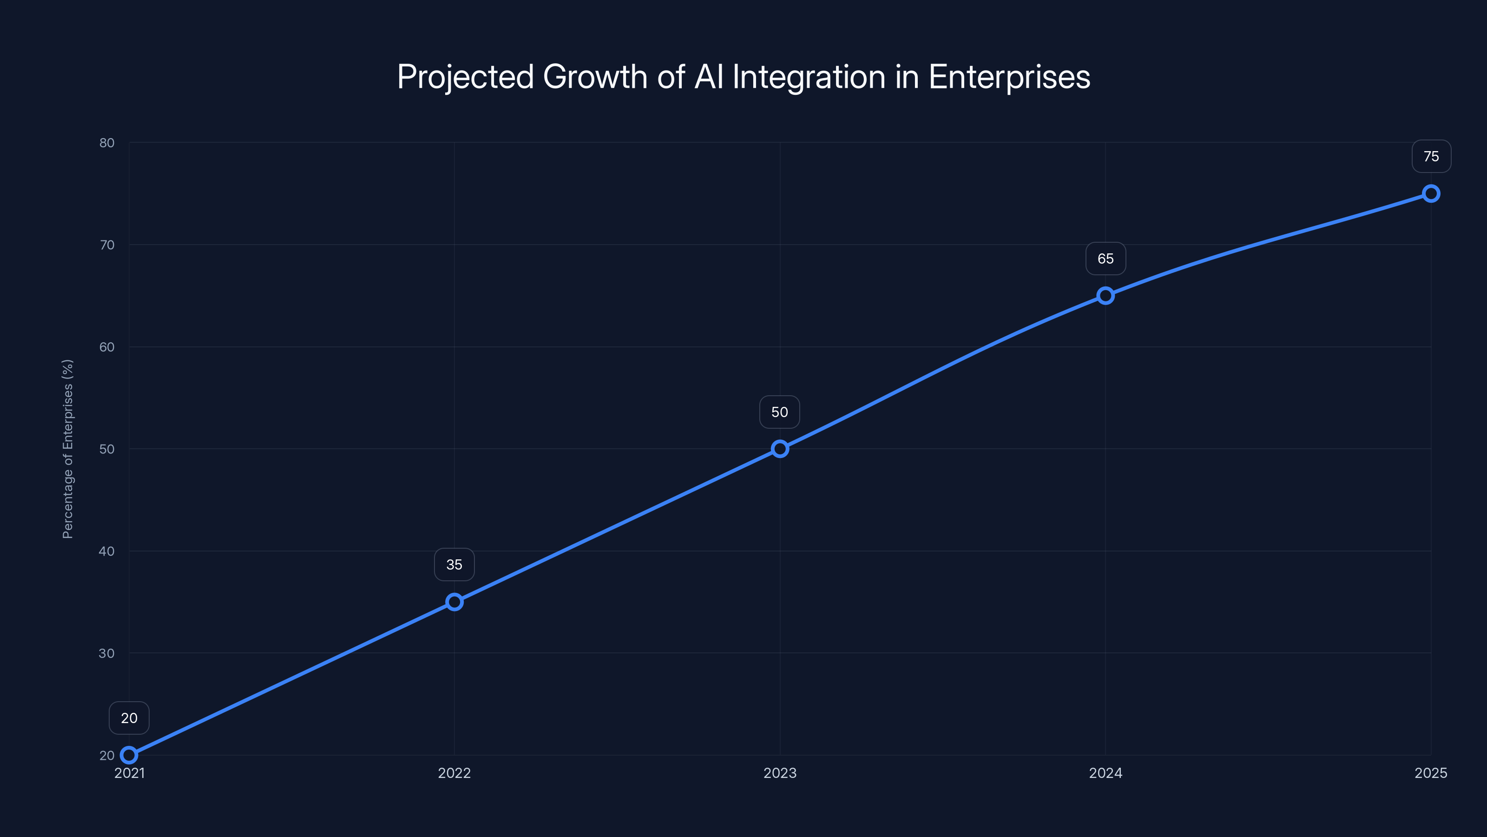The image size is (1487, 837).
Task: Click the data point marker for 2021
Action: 129,755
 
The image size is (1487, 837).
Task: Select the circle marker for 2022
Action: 454,602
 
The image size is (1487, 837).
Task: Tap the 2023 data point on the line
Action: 780,449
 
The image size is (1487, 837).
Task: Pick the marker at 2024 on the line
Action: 1105,296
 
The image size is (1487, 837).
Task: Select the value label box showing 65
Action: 1105,259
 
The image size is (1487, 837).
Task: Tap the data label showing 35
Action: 454,565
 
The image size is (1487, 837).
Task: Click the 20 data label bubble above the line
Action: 129,718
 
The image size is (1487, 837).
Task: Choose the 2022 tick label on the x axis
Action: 454,773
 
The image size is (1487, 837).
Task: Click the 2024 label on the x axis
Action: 1105,773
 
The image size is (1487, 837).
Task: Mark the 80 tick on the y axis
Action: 107,143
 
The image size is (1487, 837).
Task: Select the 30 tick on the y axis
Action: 107,653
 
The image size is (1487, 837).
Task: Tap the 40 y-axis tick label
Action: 107,551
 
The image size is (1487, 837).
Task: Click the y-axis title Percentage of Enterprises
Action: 68,449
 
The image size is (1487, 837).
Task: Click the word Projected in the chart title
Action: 465,77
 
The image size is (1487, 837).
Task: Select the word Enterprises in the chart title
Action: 1009,77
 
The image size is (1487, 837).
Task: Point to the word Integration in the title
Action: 809,77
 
